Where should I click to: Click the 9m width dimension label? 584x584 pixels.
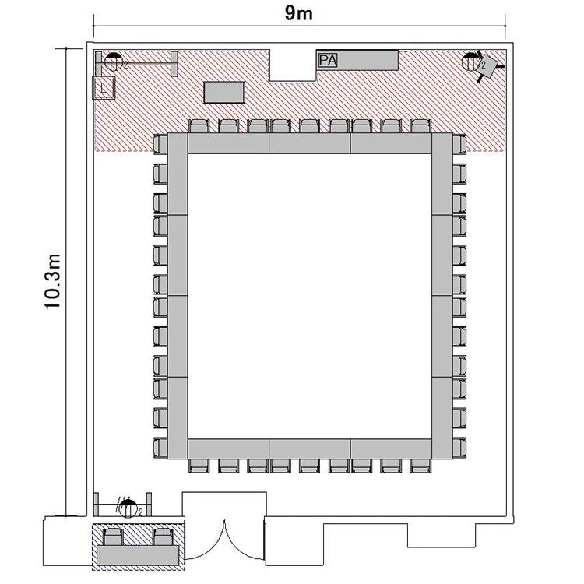pyautogui.click(x=299, y=13)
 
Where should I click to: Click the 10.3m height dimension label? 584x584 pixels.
pyautogui.click(x=52, y=282)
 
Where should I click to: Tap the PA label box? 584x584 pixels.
pyautogui.click(x=328, y=60)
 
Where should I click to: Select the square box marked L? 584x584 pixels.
pyautogui.click(x=104, y=88)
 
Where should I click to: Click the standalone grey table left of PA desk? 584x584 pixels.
pyautogui.click(x=224, y=92)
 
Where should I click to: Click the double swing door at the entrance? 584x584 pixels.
pyautogui.click(x=225, y=540)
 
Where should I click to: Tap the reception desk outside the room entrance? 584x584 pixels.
pyautogui.click(x=138, y=555)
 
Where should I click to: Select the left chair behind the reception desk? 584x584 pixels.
pyautogui.click(x=113, y=537)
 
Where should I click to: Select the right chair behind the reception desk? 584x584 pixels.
pyautogui.click(x=164, y=537)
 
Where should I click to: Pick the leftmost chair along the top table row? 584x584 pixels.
pyautogui.click(x=199, y=126)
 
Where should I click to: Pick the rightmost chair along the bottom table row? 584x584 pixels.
pyautogui.click(x=420, y=466)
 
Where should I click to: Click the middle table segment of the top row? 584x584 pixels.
pyautogui.click(x=309, y=143)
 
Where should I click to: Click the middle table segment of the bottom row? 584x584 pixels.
pyautogui.click(x=309, y=449)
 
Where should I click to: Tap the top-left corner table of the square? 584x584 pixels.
pyautogui.click(x=178, y=174)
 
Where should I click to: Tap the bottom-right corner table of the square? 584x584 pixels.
pyautogui.click(x=442, y=418)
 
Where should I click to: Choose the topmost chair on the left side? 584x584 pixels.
pyautogui.click(x=160, y=144)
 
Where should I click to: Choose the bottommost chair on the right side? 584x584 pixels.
pyautogui.click(x=459, y=448)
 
